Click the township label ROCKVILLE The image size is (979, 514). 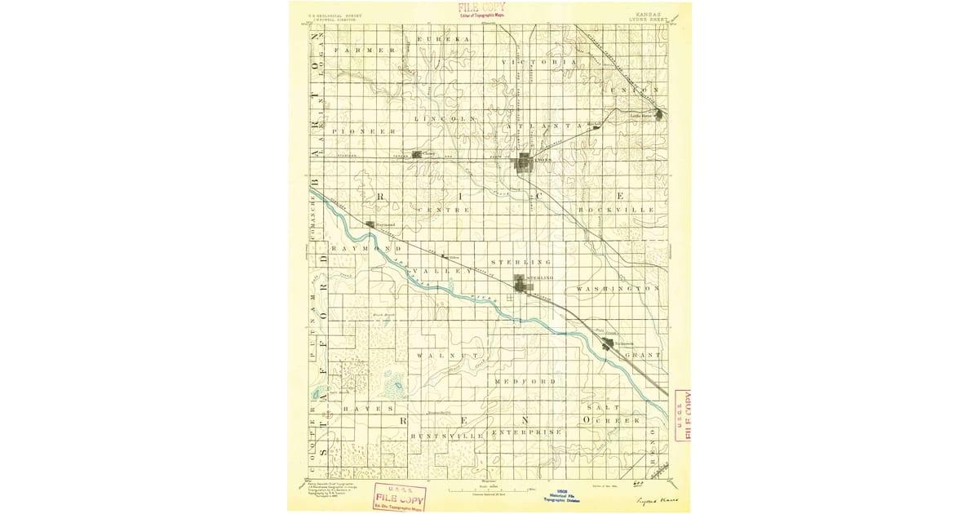pos(616,210)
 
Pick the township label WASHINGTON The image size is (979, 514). pos(618,289)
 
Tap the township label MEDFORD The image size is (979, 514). pos(525,381)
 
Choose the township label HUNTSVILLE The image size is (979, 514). pos(447,436)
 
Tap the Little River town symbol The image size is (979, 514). pos(658,115)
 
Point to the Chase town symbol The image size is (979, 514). pos(417,153)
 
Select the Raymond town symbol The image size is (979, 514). pos(370,224)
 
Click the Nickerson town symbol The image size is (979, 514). pos(607,344)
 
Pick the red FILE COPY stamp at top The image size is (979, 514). pos(481,10)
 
